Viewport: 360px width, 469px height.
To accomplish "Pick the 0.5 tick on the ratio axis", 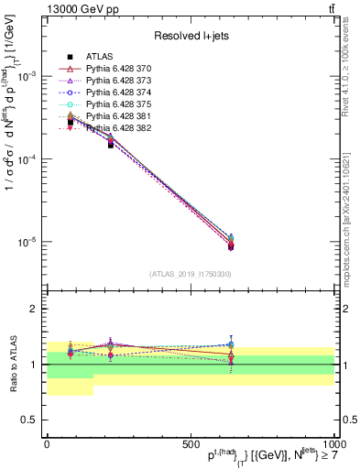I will pos(30,420).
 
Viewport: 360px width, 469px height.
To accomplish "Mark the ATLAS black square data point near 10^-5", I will pos(231,245).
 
